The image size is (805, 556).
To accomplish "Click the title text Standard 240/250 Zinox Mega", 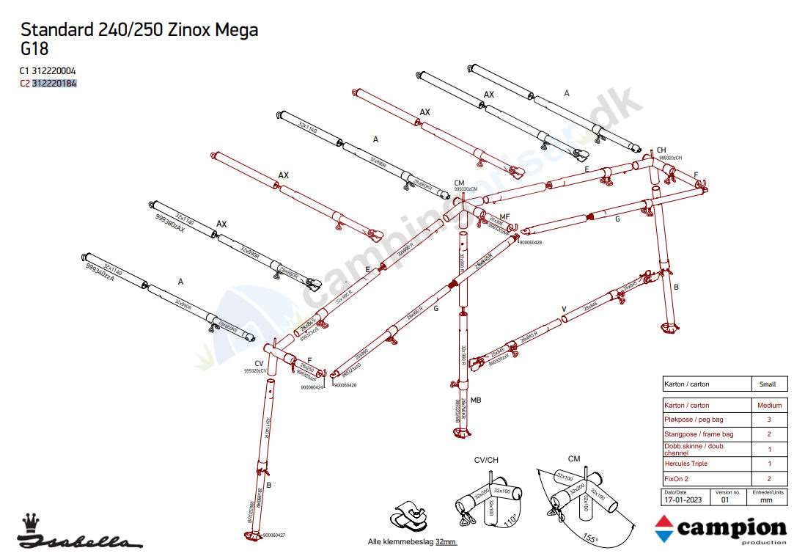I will (139, 30).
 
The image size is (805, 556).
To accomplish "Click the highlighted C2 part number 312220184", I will (54, 84).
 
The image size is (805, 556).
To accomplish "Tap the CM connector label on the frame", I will (460, 183).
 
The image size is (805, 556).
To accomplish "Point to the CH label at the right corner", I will (661, 150).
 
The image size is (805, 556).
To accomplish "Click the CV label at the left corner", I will (259, 364).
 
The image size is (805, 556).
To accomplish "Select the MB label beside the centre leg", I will (476, 400).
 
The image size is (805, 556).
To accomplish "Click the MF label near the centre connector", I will (504, 217).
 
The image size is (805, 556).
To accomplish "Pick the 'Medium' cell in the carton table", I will (769, 405).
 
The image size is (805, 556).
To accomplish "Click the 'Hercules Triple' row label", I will (685, 464).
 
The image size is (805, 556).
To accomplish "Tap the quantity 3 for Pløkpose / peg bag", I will (768, 420).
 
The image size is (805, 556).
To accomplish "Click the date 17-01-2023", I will (678, 500).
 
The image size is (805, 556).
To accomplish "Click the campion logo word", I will (730, 528).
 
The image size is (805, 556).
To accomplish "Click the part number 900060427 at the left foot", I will (273, 535).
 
